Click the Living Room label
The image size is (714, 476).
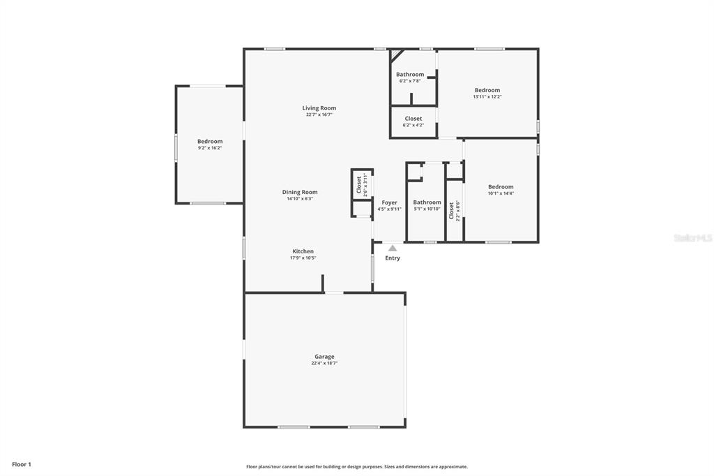click(319, 108)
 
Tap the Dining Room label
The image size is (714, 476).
click(300, 192)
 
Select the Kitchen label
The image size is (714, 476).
click(303, 251)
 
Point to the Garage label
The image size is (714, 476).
click(324, 357)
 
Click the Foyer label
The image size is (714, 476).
click(389, 202)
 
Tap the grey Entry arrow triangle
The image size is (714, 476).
click(393, 248)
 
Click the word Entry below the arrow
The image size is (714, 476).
click(393, 258)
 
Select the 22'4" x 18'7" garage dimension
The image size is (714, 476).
click(324, 364)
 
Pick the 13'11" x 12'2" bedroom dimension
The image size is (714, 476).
click(487, 96)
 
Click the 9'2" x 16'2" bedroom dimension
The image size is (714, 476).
click(210, 148)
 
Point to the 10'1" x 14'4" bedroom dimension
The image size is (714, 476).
click(501, 193)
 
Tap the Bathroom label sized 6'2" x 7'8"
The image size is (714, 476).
click(410, 74)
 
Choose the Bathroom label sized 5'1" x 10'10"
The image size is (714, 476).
click(427, 202)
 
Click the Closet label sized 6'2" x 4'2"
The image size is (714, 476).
click(413, 119)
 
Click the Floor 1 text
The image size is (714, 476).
click(22, 465)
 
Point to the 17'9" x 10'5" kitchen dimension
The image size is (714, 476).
click(303, 258)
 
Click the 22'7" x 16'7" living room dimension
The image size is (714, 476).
click(319, 115)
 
